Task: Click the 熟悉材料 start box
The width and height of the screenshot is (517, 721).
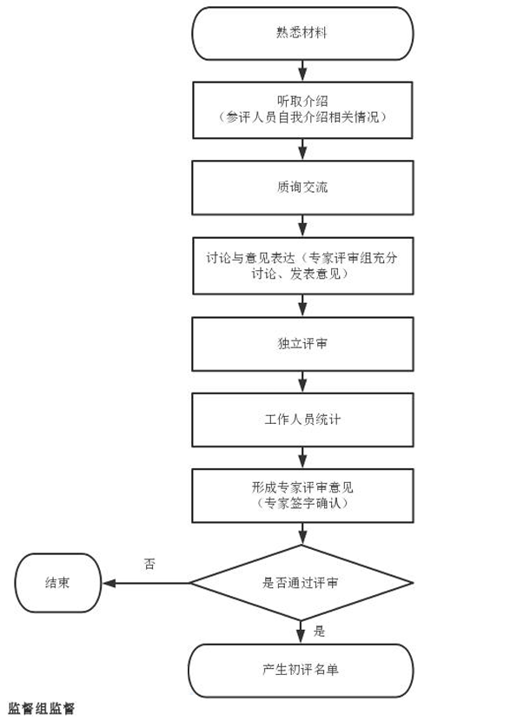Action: [302, 34]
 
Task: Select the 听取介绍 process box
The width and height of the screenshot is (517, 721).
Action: [302, 109]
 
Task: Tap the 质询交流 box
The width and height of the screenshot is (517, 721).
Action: [302, 187]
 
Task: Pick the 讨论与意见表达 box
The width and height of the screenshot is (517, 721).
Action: [302, 265]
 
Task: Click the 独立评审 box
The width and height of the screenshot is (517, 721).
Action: [302, 343]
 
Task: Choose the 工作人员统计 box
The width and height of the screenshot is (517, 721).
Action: [302, 420]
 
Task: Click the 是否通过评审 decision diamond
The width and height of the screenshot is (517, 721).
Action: [302, 582]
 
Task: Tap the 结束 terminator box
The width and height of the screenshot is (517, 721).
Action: [58, 582]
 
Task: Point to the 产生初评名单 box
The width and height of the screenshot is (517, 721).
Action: [302, 670]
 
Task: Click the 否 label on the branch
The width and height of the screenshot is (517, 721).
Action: [149, 564]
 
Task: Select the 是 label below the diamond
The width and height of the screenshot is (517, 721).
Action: [319, 632]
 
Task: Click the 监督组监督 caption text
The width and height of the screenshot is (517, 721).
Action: [42, 709]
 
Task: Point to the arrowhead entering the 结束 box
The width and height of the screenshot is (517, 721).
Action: [107, 582]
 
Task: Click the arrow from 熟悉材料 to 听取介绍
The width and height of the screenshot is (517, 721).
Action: [302, 69]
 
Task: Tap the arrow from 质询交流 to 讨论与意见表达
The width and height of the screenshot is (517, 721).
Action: [302, 226]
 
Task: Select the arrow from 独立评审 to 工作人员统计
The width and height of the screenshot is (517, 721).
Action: [302, 381]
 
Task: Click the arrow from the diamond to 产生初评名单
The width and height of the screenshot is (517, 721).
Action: [302, 632]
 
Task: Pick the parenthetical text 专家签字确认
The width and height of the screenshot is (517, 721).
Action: [302, 503]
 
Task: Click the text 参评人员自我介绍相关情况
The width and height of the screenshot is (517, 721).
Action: [302, 117]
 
